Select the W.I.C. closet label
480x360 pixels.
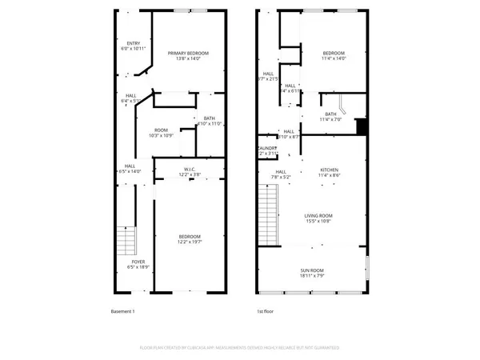coord(190,170)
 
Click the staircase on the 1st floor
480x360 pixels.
coord(270,214)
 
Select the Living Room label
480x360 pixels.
coord(318,216)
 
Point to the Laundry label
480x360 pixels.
coord(267,149)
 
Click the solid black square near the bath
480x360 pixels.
coord(361,126)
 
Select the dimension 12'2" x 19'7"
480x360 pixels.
coord(190,242)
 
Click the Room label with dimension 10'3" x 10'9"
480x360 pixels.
coord(161,131)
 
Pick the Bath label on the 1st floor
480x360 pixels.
coord(330,114)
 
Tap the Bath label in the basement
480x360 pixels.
coord(209,119)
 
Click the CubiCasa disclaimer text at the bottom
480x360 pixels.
coord(240,348)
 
